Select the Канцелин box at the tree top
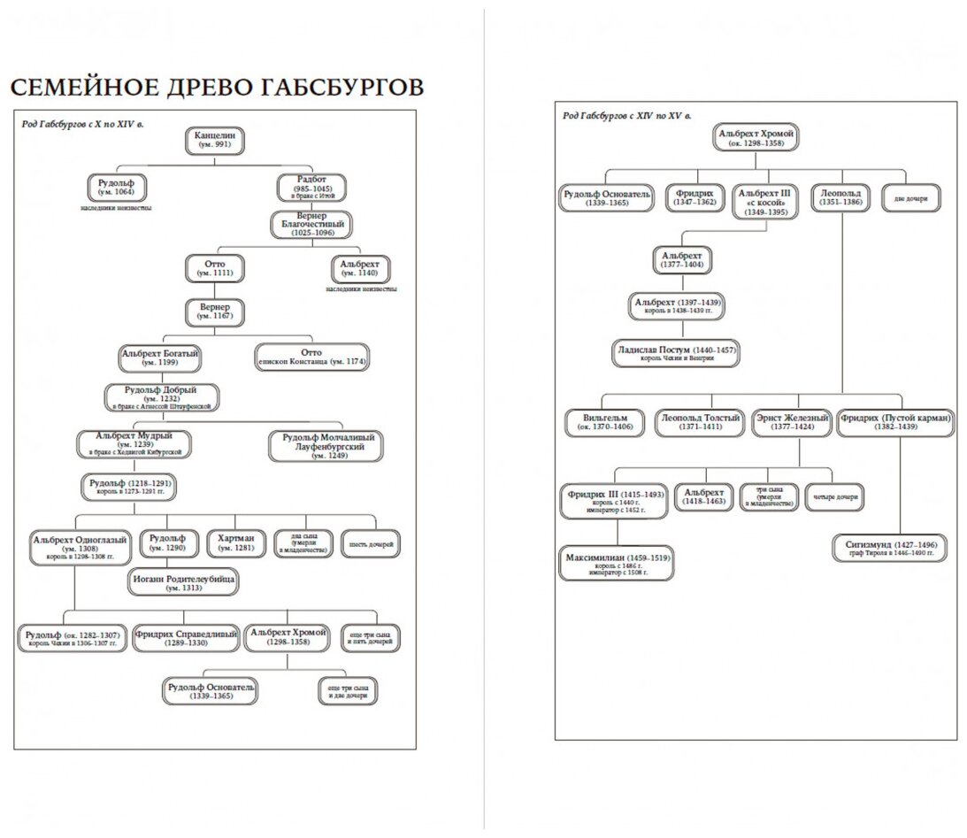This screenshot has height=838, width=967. [215, 140]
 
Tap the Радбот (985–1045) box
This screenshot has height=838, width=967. [311, 188]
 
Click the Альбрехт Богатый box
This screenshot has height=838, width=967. [160, 357]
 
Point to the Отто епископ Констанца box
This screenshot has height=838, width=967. [311, 357]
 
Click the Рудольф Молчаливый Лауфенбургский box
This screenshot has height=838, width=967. [328, 446]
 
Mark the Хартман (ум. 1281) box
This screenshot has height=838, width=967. [236, 542]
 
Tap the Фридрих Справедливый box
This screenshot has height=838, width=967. [186, 638]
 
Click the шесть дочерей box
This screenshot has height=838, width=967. [372, 542]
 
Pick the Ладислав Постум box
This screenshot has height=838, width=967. [675, 354]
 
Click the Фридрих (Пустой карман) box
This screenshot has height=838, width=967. [895, 422]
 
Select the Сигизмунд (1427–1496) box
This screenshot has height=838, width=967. [889, 548]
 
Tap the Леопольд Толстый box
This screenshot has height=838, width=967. [699, 422]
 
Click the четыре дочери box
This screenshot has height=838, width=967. [833, 496]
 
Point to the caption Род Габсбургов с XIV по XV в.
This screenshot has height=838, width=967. [627, 115]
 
